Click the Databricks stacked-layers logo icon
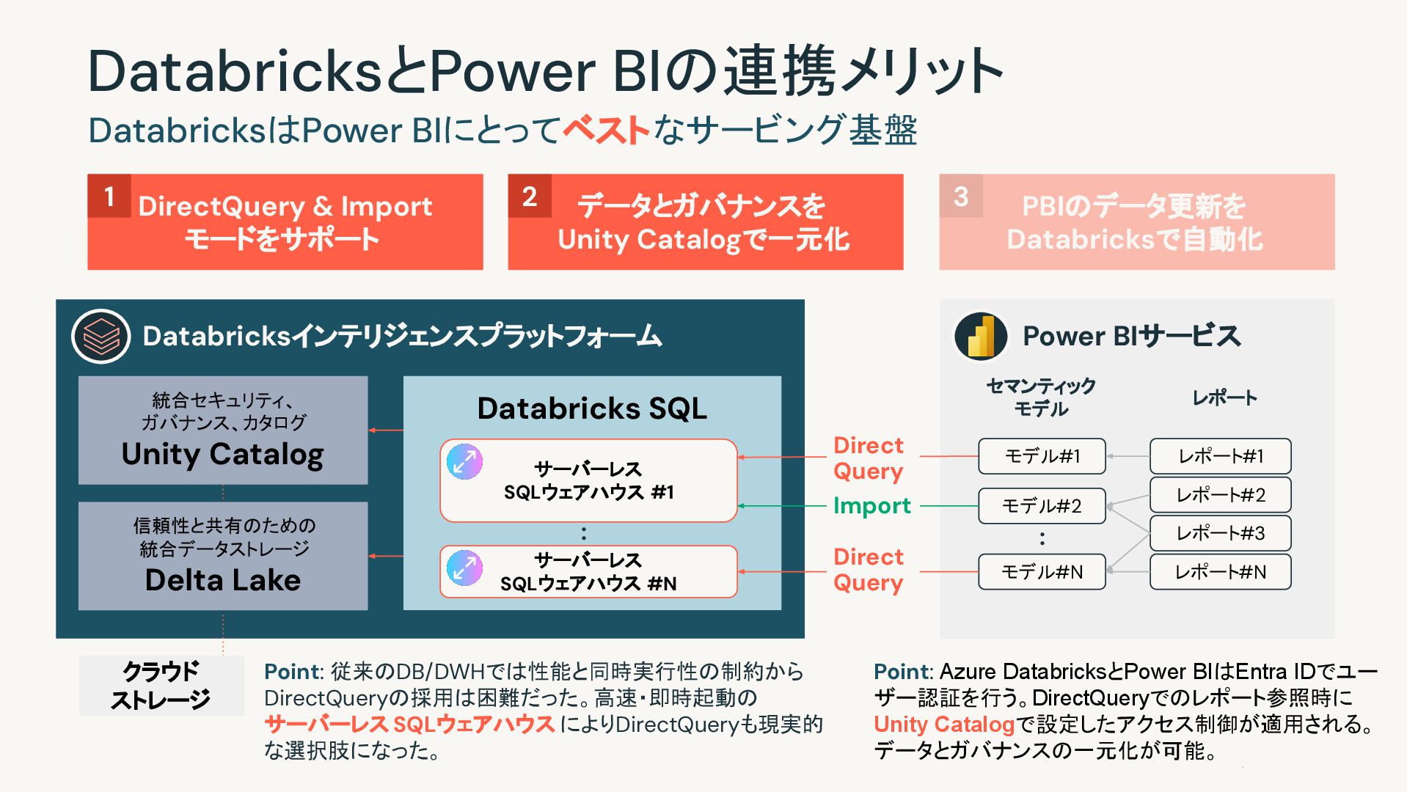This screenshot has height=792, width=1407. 100,337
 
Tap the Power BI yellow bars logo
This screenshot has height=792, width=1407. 981,337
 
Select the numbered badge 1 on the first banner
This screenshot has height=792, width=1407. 109,196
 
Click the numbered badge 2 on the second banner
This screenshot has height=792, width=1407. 530,196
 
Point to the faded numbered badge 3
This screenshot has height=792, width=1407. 961,196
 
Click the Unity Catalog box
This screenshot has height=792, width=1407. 223,430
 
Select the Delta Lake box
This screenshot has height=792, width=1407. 223,556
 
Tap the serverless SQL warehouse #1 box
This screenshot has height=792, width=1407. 588,480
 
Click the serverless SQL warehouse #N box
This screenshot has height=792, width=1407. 588,571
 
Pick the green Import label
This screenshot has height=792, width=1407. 871,506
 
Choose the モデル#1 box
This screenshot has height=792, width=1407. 1042,456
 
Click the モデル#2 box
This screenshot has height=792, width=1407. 1042,506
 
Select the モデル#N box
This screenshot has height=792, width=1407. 1042,572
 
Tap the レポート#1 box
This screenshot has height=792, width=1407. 1220,456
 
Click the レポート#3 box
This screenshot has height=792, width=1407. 1220,533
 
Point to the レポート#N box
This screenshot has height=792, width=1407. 1220,572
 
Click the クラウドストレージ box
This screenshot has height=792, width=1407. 161,686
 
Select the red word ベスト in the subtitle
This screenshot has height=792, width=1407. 606,131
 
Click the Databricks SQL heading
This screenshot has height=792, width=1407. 592,408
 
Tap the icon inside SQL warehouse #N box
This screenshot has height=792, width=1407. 465,568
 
